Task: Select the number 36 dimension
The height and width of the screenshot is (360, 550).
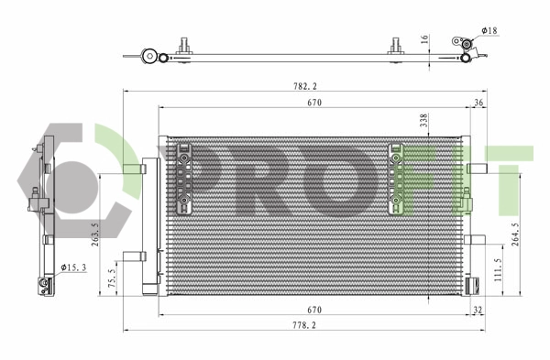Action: click(478, 104)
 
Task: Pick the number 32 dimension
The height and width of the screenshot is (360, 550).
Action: click(477, 311)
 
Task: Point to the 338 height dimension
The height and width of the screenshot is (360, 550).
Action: click(423, 121)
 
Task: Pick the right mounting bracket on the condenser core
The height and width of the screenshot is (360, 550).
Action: click(398, 174)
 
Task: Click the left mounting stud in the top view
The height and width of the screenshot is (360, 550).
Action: click(184, 46)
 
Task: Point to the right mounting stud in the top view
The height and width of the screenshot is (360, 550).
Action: click(396, 46)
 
